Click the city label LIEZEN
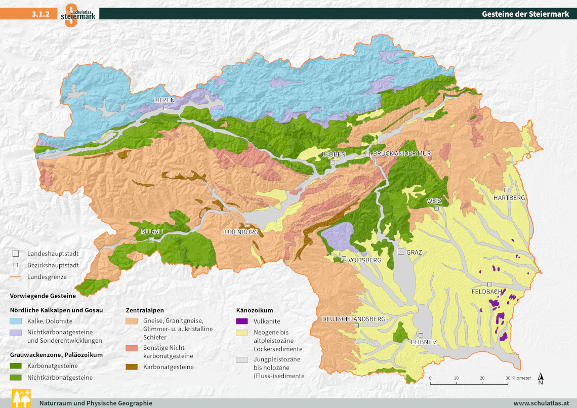pos(165,100)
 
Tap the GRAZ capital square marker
pos(401,252)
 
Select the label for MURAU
pos(152,232)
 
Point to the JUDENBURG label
pos(240,232)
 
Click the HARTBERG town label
pos(509,197)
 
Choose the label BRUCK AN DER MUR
pos(401,153)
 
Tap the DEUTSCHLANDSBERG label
pos(354,319)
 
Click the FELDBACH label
pos(486,292)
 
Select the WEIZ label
pos(434,201)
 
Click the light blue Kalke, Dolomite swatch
pos(17,321)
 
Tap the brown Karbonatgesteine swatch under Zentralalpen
pos(133,367)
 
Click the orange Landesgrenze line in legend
pos(16,277)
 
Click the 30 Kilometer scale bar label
pos(517,378)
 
